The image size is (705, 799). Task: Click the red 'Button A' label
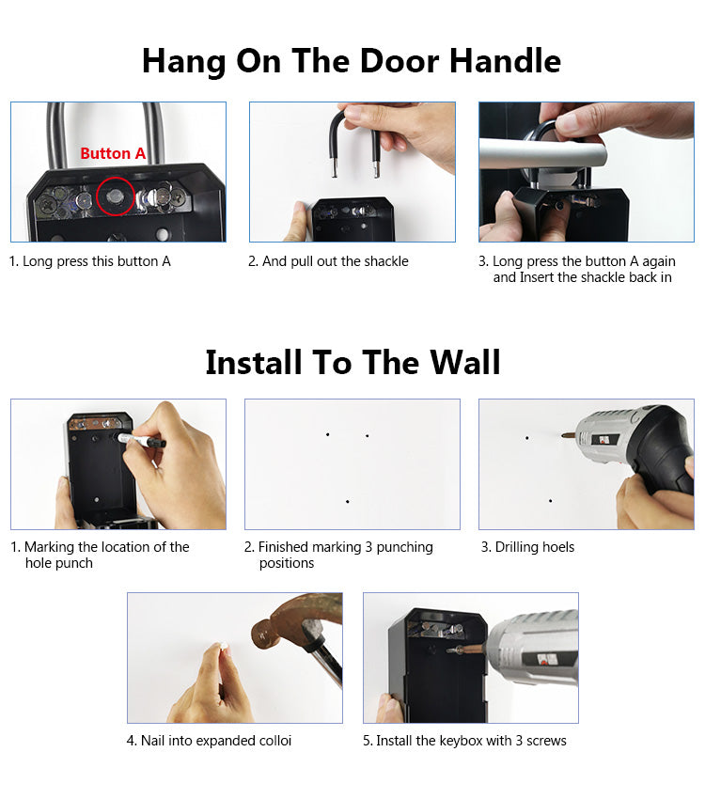click(113, 153)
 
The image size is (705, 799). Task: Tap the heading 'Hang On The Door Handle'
click(352, 61)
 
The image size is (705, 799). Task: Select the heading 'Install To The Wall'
click(352, 362)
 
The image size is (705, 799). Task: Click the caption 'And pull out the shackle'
click(328, 261)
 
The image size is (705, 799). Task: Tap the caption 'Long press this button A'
click(90, 261)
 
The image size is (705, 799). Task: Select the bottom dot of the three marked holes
click(347, 501)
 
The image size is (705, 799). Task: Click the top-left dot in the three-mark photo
click(327, 434)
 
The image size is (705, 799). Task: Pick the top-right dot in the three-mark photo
click(367, 435)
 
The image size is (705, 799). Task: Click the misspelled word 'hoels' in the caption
click(556, 547)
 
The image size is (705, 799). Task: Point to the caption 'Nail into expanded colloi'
click(209, 741)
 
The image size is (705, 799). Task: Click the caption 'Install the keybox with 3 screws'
click(464, 741)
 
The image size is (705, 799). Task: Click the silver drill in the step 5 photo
click(531, 649)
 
